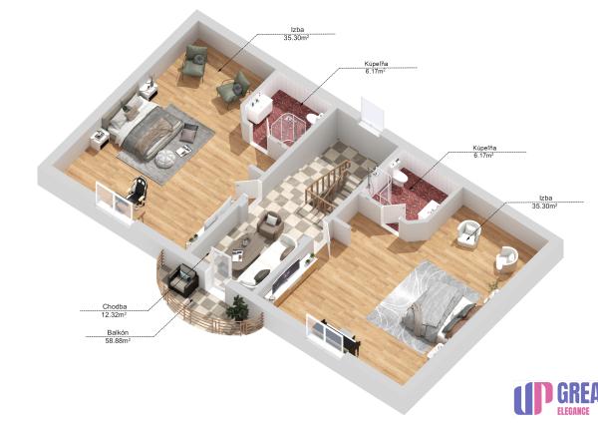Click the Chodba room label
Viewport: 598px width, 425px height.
click(x=115, y=306)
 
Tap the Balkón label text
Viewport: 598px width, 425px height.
click(x=118, y=333)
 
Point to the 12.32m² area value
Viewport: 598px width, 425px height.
click(x=114, y=315)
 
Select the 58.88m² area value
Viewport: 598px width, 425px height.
click(x=118, y=341)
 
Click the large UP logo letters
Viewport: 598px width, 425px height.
click(x=533, y=398)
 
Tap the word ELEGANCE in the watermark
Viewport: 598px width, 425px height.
click(x=573, y=411)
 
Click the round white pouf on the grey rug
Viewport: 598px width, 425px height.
click(x=165, y=158)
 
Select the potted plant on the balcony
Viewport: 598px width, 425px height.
click(x=237, y=307)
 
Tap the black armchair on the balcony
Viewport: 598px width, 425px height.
click(x=183, y=280)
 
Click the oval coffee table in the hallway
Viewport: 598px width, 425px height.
click(x=247, y=250)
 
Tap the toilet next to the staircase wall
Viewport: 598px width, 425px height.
click(x=400, y=177)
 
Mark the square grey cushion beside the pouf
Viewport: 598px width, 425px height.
click(x=188, y=134)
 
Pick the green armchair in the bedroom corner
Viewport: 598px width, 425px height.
click(x=193, y=61)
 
